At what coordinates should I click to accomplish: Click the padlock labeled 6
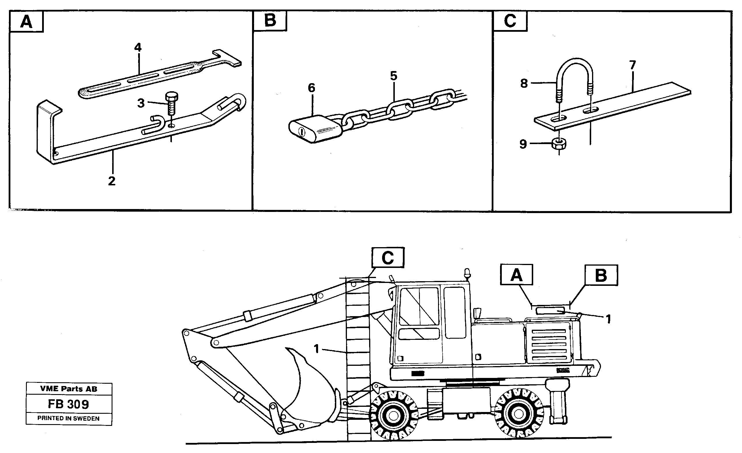click(315, 131)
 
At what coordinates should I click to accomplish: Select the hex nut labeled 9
click(559, 144)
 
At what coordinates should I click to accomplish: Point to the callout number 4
click(138, 47)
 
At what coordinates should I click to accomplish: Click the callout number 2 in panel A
click(112, 181)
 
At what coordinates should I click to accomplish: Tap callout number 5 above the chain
click(394, 76)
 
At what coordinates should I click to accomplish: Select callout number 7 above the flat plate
click(632, 65)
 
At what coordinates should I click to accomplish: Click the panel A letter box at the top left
click(27, 22)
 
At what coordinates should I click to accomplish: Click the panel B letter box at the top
click(270, 21)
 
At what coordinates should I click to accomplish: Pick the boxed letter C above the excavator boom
click(388, 258)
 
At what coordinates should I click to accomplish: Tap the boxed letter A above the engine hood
click(516, 275)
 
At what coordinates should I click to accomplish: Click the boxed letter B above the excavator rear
click(601, 275)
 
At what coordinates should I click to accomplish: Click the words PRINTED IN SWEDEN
click(68, 418)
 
